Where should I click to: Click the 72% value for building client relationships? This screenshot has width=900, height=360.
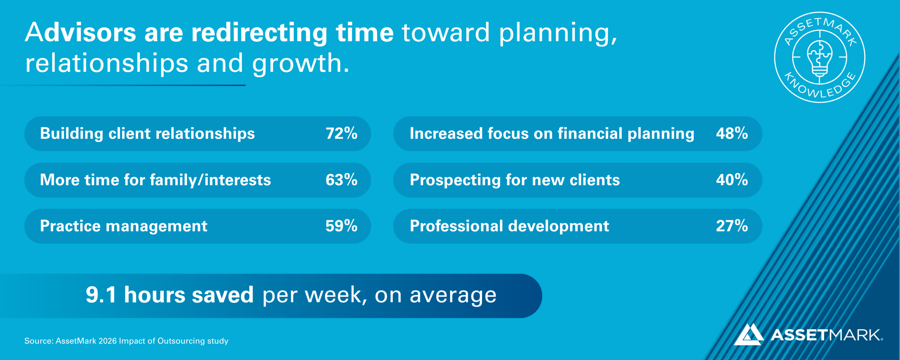341,133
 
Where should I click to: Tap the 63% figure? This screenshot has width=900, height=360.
341,180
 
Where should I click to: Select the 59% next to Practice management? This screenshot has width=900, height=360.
341,226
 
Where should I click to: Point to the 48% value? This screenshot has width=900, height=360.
732,133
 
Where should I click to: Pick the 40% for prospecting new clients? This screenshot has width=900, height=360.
732,180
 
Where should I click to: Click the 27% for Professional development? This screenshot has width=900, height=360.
732,226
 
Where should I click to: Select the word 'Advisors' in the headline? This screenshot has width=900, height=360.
81,32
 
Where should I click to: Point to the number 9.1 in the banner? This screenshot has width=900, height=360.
101,295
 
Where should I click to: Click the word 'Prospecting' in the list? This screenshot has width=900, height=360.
455,181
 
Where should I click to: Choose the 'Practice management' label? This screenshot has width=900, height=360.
124,226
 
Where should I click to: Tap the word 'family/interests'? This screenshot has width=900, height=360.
211,180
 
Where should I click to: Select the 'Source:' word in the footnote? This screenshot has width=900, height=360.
39,341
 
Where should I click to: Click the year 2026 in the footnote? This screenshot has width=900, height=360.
107,341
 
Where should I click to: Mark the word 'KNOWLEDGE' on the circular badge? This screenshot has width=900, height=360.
820,87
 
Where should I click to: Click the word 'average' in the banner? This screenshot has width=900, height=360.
453,295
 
